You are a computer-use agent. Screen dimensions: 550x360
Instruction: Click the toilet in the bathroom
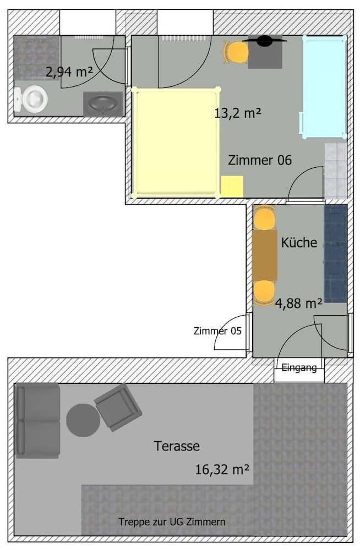click(x=32, y=99)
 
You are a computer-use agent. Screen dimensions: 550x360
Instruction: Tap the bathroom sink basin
click(x=103, y=103)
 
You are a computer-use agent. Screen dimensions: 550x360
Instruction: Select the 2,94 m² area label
click(x=69, y=72)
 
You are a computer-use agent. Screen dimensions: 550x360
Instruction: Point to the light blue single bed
click(x=325, y=87)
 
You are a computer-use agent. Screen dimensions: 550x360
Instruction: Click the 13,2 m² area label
click(x=237, y=114)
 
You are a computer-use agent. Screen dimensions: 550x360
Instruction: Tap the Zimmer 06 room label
click(x=259, y=160)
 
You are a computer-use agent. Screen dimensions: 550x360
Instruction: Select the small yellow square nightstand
click(x=232, y=186)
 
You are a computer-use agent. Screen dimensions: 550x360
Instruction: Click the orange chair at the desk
click(x=237, y=52)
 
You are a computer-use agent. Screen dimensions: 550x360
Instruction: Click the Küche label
click(x=299, y=242)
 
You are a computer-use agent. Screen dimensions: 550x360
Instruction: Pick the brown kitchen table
click(x=265, y=255)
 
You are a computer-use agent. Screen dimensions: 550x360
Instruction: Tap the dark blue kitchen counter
click(x=335, y=254)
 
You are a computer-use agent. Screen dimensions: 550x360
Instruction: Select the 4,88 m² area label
click(x=299, y=303)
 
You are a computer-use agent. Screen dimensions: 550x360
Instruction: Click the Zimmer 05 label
click(x=217, y=331)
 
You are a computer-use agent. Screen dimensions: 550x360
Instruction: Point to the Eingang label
click(x=299, y=368)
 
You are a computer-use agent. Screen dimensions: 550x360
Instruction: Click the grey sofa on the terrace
click(x=37, y=421)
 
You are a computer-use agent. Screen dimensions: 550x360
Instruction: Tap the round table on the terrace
click(x=83, y=421)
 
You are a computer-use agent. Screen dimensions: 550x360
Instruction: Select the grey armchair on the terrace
click(x=118, y=407)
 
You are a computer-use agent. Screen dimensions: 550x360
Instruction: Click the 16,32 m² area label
click(x=222, y=470)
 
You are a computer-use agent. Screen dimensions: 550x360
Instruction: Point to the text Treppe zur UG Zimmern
click(x=172, y=521)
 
